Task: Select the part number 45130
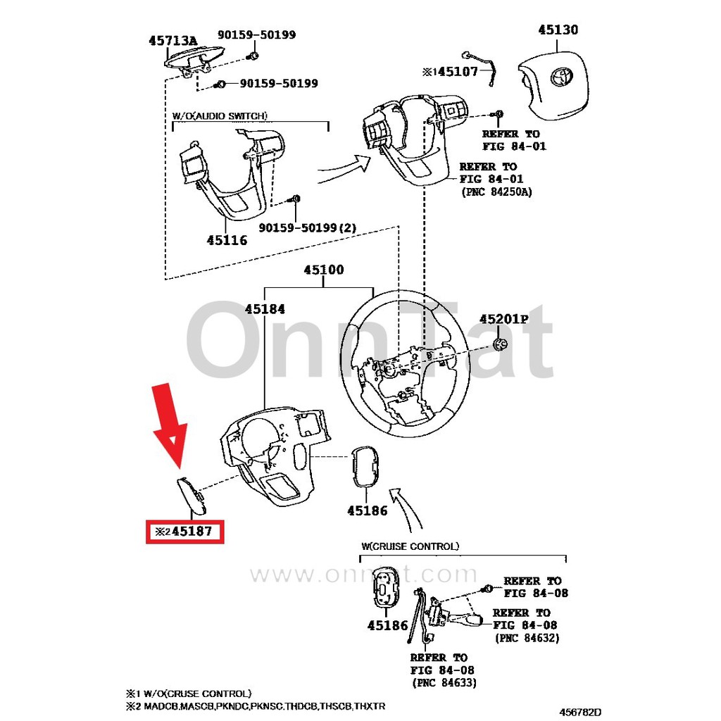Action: point(558,30)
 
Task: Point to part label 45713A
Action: point(173,41)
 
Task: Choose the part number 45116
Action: point(227,240)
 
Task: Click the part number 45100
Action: point(324,270)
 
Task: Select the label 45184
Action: point(265,308)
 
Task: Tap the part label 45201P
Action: point(503,319)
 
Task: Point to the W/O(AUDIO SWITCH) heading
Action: point(220,115)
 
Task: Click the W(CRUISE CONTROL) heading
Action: point(410,546)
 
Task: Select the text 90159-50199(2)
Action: point(308,228)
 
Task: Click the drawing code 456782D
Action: point(581,712)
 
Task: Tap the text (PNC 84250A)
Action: point(496,192)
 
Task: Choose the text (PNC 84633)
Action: point(444,683)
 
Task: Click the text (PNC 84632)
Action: point(527,638)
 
